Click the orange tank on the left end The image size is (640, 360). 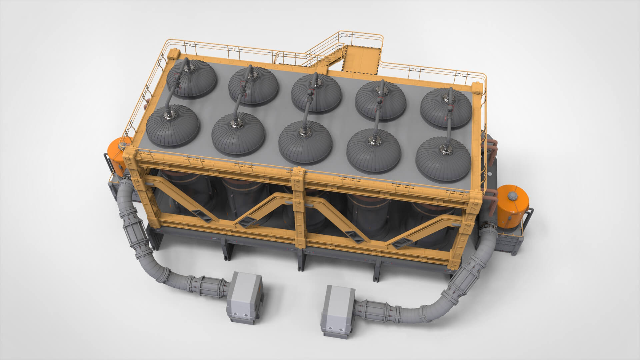pyautogui.click(x=117, y=157)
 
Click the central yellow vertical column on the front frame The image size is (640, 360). pyautogui.click(x=298, y=213)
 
